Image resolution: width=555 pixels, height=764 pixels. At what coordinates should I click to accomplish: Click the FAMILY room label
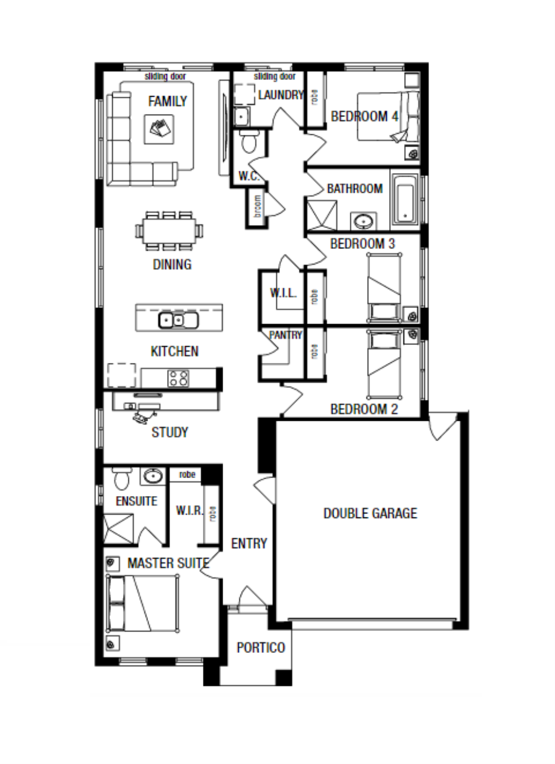[167, 101]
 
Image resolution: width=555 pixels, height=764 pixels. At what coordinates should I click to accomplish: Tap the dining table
[169, 231]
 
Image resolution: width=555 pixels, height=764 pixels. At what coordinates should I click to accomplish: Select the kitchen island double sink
[178, 321]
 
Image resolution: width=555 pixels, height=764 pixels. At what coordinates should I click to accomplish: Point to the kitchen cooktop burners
[178, 378]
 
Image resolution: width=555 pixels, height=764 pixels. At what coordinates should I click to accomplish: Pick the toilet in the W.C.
[249, 141]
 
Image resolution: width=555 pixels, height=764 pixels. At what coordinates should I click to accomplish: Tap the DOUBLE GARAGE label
[370, 513]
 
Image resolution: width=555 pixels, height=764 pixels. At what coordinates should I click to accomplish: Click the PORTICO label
[261, 648]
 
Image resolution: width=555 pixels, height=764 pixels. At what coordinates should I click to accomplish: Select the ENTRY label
[249, 543]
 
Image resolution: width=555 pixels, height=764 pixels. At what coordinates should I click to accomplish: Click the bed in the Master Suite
[143, 603]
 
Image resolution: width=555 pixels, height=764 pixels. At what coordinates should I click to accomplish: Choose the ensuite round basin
[153, 476]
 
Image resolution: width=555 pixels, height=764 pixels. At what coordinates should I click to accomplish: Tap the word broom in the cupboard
[258, 207]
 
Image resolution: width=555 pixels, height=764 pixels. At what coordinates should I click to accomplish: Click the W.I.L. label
[283, 292]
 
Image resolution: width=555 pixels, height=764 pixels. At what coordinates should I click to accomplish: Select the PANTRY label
[286, 335]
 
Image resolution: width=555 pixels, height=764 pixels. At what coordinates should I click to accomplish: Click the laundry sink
[242, 116]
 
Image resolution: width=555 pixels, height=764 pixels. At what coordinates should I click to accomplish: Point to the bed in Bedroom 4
[388, 116]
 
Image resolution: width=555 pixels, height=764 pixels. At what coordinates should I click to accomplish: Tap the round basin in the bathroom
[363, 221]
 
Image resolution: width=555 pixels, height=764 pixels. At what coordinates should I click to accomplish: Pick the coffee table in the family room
[159, 130]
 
